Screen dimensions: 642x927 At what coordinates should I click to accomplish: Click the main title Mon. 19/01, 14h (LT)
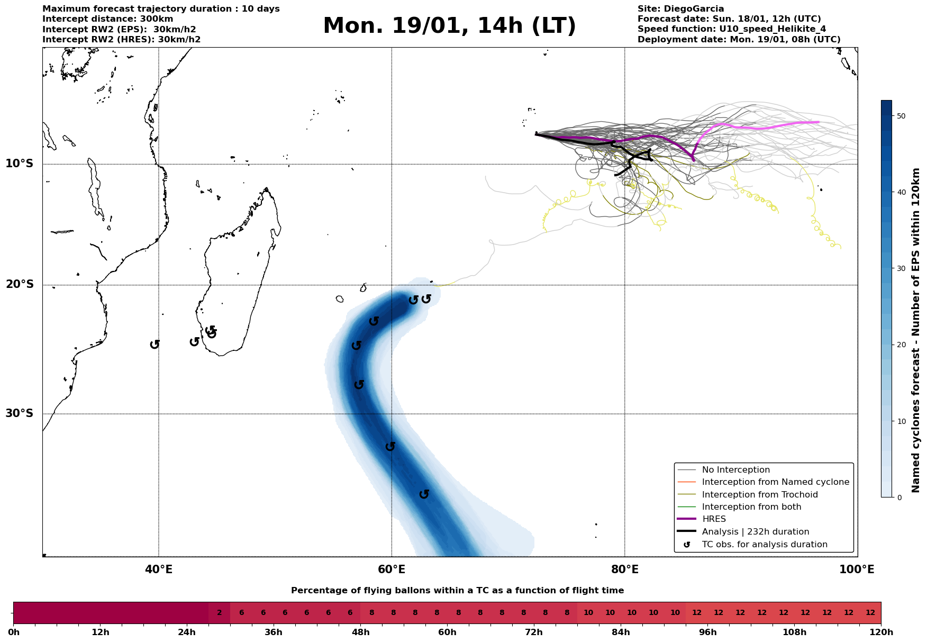[449, 26]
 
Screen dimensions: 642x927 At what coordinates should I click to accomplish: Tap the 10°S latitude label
[20, 164]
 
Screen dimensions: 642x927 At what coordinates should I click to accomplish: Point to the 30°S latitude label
[20, 413]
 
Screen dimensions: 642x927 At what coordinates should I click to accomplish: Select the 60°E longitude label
[392, 570]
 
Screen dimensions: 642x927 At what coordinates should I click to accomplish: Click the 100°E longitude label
[857, 570]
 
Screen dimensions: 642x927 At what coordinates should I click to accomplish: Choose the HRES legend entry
[714, 519]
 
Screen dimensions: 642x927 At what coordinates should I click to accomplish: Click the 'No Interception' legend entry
[735, 470]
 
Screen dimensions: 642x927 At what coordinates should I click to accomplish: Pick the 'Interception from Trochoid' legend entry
[760, 495]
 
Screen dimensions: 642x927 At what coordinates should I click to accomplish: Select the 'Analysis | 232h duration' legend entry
[755, 532]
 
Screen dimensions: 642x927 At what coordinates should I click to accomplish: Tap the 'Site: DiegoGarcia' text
[680, 9]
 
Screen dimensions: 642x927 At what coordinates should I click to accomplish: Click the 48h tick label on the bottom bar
[360, 632]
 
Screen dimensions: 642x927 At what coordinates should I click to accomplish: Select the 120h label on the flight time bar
[881, 632]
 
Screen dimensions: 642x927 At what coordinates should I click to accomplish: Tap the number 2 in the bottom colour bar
[219, 613]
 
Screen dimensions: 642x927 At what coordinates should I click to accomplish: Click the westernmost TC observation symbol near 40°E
[154, 345]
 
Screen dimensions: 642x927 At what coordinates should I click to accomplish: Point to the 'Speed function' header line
[731, 29]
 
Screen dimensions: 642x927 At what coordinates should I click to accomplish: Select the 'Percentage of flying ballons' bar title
[457, 591]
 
